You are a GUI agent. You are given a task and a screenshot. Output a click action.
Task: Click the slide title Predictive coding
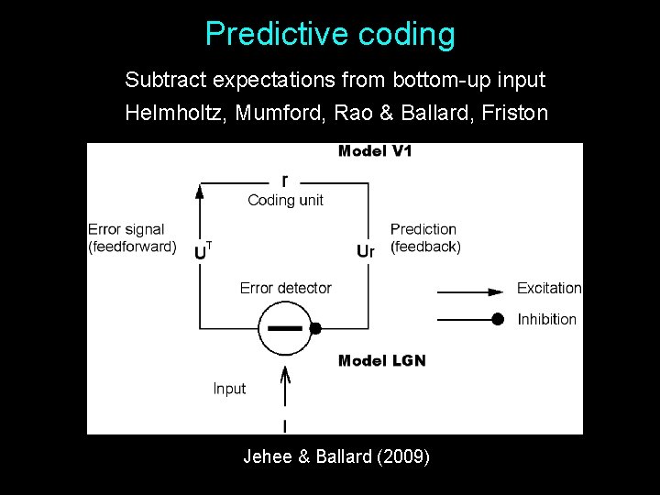click(330, 34)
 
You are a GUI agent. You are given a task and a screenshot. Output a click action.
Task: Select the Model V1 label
click(375, 151)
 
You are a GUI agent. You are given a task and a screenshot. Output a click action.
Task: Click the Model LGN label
click(381, 361)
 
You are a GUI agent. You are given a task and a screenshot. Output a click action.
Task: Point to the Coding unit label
click(285, 201)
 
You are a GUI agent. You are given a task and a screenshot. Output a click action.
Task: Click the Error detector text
click(285, 288)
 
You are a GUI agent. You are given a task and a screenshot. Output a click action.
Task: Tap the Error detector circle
click(284, 328)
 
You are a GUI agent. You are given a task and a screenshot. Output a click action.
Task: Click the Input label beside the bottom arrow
click(229, 389)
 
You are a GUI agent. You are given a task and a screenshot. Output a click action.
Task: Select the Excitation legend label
click(549, 288)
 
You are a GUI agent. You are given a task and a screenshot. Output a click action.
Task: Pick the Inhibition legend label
click(546, 319)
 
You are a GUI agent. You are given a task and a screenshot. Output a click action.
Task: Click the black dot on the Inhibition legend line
click(498, 319)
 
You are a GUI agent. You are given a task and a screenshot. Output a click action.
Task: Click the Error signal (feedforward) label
click(132, 238)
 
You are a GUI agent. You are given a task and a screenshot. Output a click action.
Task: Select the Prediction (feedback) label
click(424, 238)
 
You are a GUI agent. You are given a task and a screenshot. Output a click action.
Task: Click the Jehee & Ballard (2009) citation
click(335, 456)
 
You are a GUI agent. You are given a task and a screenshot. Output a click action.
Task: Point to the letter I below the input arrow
click(284, 425)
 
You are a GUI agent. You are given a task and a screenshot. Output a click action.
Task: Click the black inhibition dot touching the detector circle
click(315, 328)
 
